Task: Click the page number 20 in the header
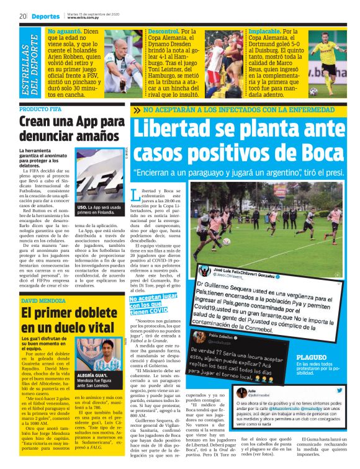[22, 16]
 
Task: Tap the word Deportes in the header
[43, 16]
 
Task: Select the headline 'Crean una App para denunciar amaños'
[71, 130]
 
